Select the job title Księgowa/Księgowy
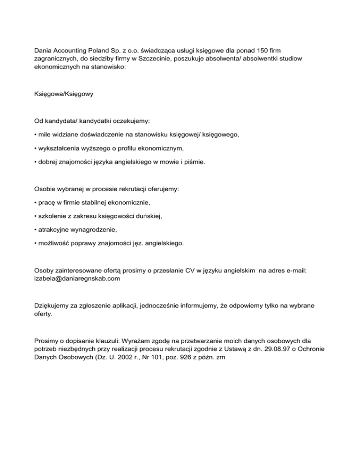point(60,94)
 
